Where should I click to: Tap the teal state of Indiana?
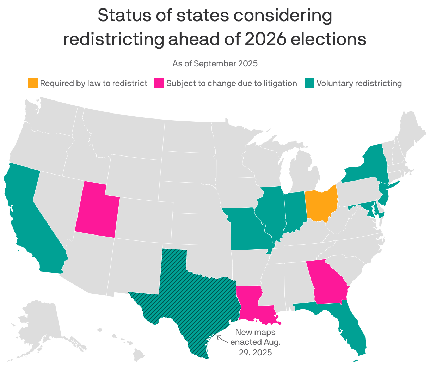(295, 212)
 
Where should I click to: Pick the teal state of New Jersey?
(383, 196)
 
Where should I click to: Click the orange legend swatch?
(33, 84)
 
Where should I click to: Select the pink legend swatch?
(159, 84)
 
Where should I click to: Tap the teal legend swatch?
(309, 84)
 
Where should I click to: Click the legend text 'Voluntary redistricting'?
(359, 84)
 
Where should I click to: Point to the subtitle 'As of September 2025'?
(215, 64)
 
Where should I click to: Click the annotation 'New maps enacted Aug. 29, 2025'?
(256, 342)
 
